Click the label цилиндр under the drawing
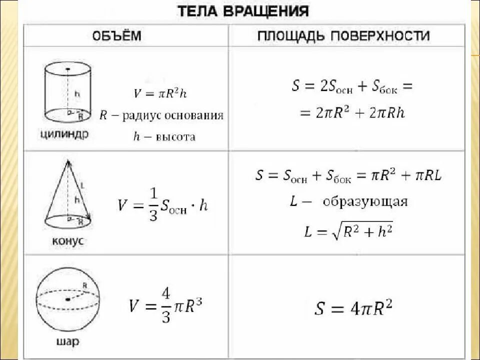tap(63, 133)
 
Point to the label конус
tap(67, 241)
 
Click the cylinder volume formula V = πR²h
tap(160, 93)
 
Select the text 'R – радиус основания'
tap(161, 115)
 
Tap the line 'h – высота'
tap(163, 136)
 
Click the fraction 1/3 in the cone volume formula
tap(153, 205)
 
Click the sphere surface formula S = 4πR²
tap(353, 307)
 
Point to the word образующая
tap(365, 202)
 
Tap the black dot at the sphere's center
tap(66, 299)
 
